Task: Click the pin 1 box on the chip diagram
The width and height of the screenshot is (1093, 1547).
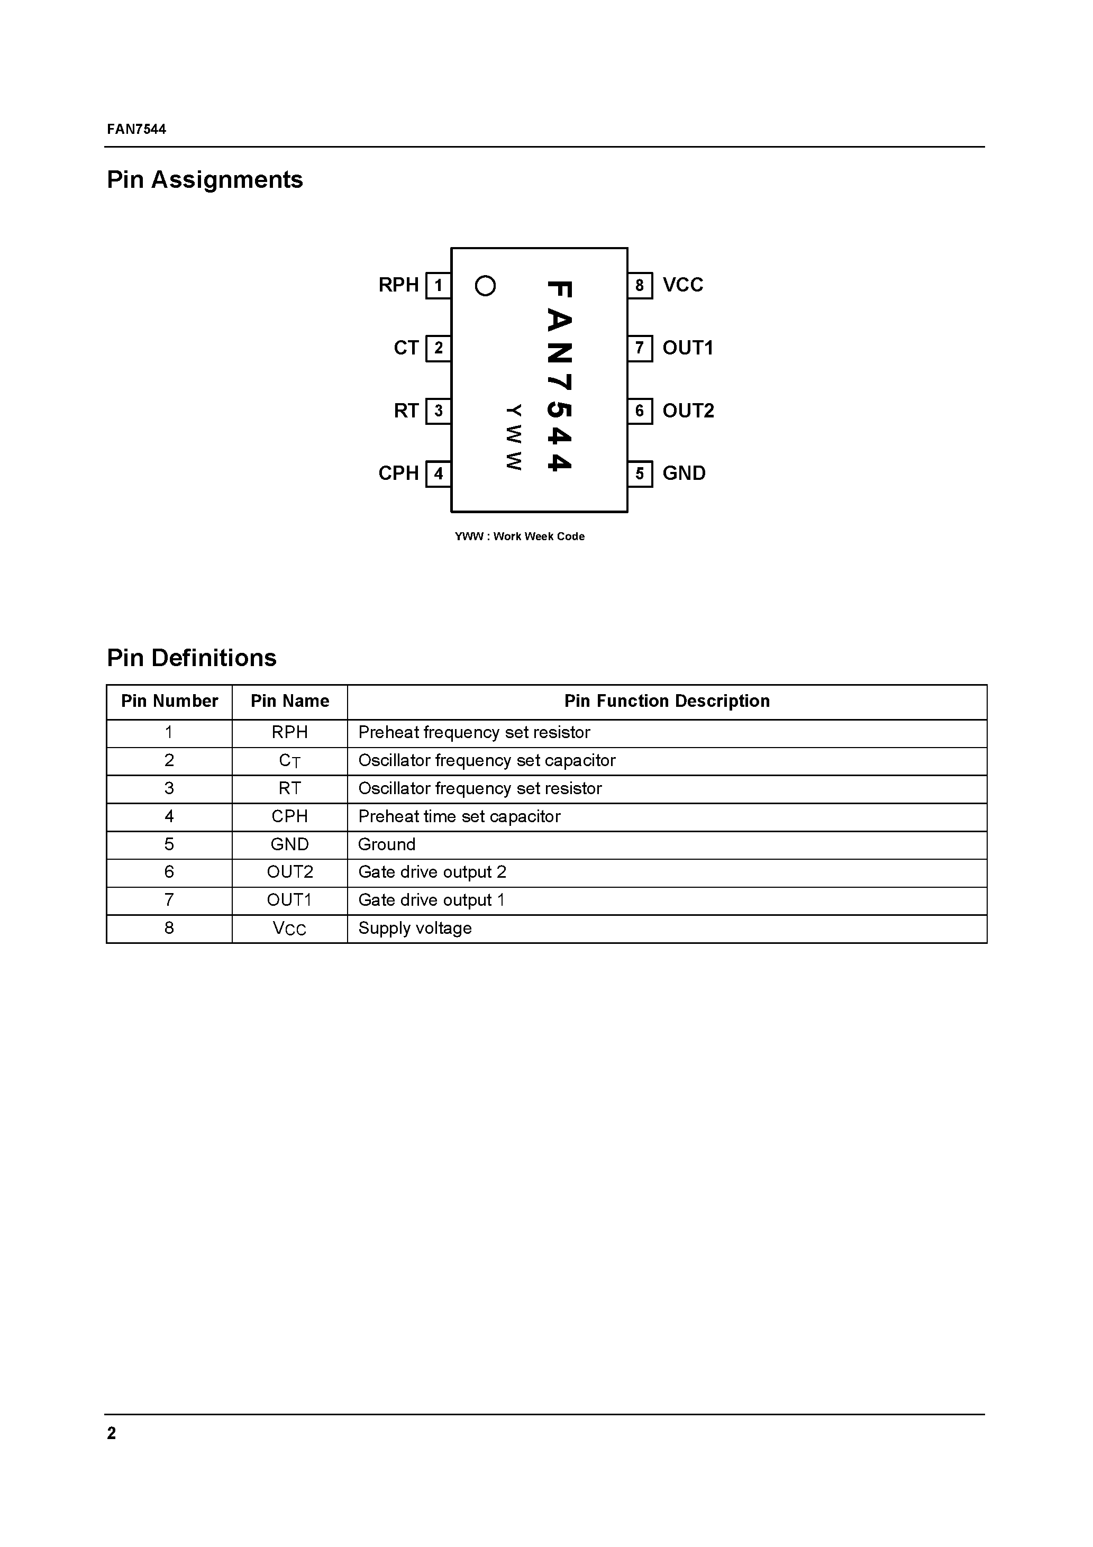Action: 438,286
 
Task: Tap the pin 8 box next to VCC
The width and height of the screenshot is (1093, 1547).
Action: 640,286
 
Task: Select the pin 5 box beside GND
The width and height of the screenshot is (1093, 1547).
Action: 640,474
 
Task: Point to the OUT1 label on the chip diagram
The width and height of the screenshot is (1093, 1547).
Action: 687,348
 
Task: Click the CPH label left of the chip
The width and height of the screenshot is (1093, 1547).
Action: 398,474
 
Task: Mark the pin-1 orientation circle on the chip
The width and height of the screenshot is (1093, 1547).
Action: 485,286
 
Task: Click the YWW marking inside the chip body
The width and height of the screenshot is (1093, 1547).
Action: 514,438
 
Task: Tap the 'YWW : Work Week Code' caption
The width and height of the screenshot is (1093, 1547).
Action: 520,536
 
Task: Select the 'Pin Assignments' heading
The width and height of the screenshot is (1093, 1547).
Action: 205,180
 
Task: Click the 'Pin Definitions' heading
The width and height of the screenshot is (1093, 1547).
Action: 192,658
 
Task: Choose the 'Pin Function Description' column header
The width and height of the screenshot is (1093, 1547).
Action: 667,702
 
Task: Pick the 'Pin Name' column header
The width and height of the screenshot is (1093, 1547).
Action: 290,702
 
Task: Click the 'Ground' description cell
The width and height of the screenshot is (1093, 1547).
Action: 387,844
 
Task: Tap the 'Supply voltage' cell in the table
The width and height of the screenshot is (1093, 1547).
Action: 415,929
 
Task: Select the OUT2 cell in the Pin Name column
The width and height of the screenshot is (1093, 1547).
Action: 290,872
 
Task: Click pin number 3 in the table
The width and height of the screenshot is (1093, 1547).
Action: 169,788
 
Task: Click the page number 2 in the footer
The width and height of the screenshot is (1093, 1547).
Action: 111,1433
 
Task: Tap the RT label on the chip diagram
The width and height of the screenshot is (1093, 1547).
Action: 406,411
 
